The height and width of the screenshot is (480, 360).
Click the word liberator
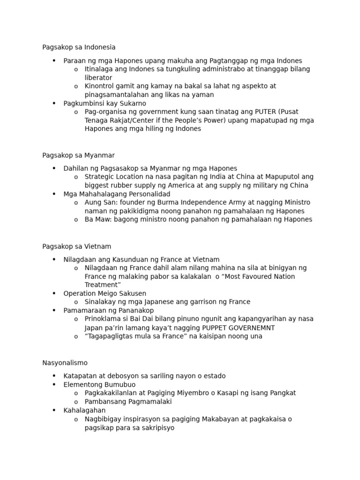coord(98,77)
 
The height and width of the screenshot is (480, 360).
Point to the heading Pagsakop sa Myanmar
coord(78,155)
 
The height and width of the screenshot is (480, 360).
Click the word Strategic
coord(100,177)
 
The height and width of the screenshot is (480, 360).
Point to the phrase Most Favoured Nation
coord(254,277)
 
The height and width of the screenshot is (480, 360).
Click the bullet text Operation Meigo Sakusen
coord(105,293)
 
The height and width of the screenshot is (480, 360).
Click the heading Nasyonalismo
coord(65,363)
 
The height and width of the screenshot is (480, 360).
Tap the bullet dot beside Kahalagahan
coord(54,410)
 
